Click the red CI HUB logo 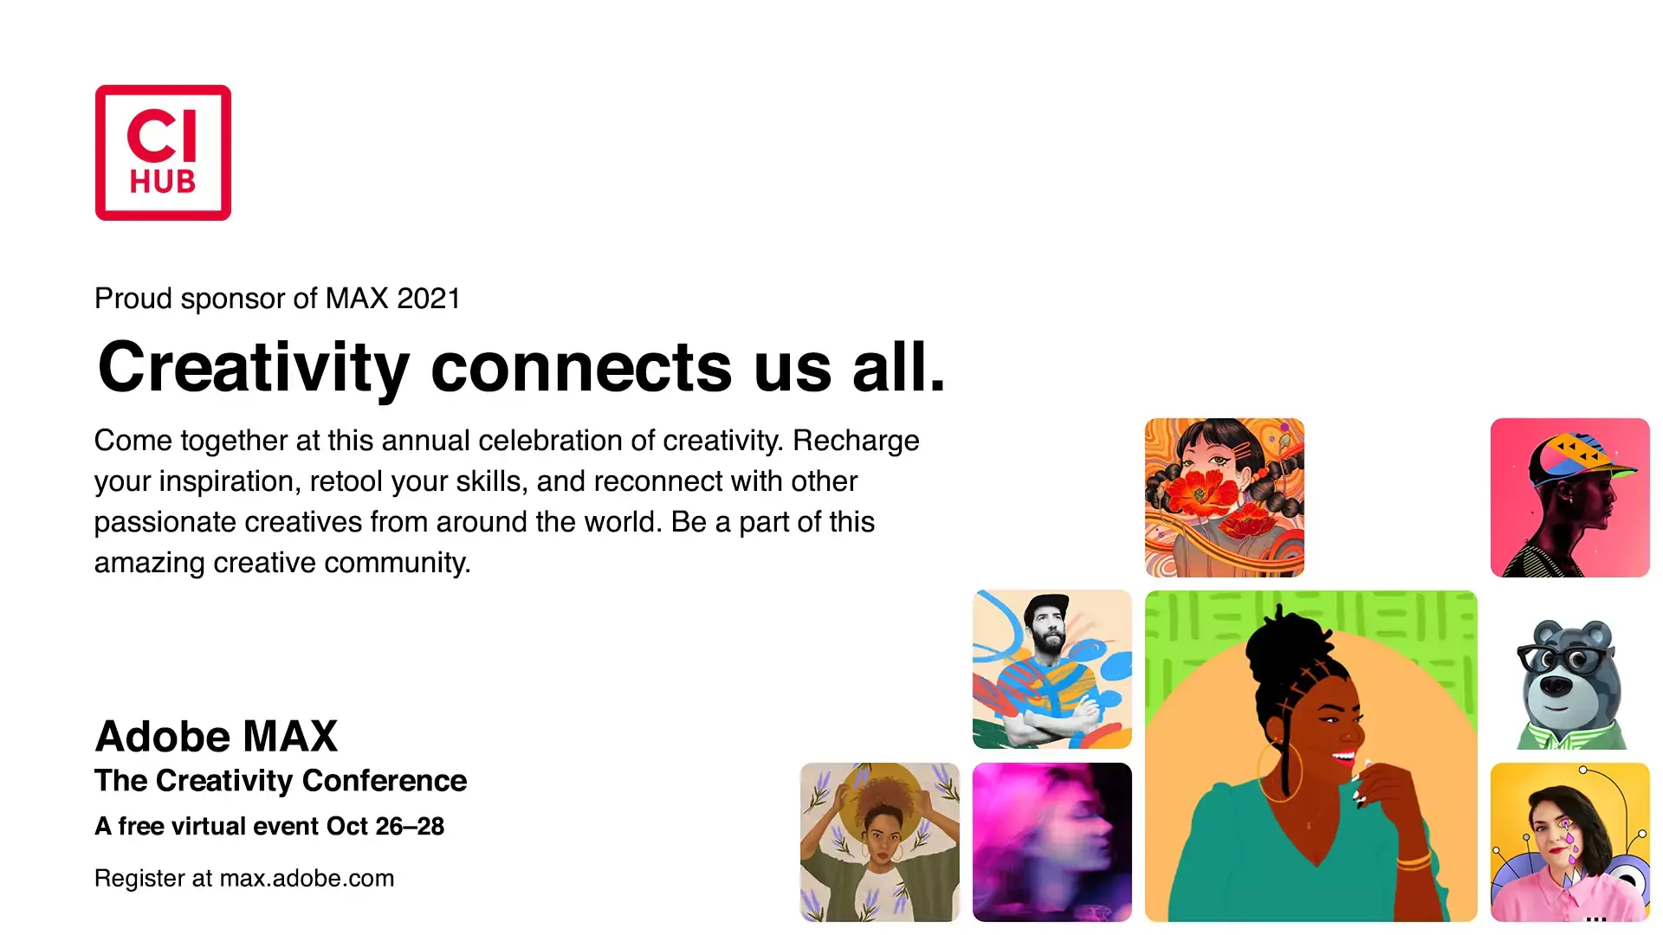(163, 152)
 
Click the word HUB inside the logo (163, 182)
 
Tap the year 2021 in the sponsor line (428, 299)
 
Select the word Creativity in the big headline (253, 368)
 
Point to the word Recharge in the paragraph (856, 441)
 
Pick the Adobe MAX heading (216, 737)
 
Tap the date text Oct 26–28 (385, 827)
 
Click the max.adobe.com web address (307, 879)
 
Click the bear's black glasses (1563, 660)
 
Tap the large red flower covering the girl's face (1200, 494)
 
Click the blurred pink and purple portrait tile (1052, 842)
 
